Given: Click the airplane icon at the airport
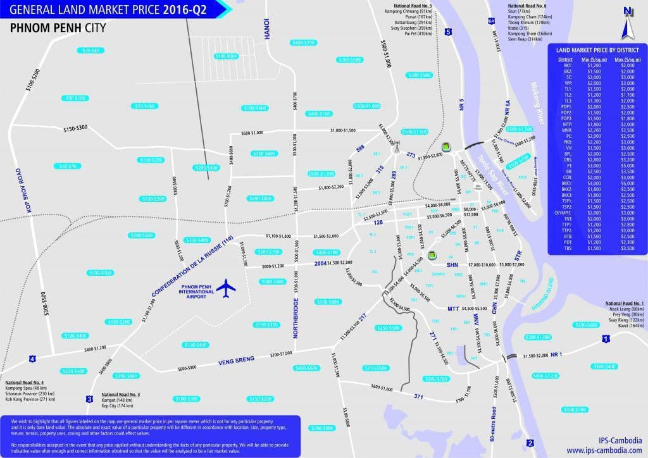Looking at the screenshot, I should pyautogui.click(x=226, y=288).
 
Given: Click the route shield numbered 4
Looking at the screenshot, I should pyautogui.click(x=32, y=360).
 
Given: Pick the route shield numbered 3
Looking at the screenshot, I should pyautogui.click(x=89, y=399).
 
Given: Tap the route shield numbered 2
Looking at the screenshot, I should pyautogui.click(x=530, y=443).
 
